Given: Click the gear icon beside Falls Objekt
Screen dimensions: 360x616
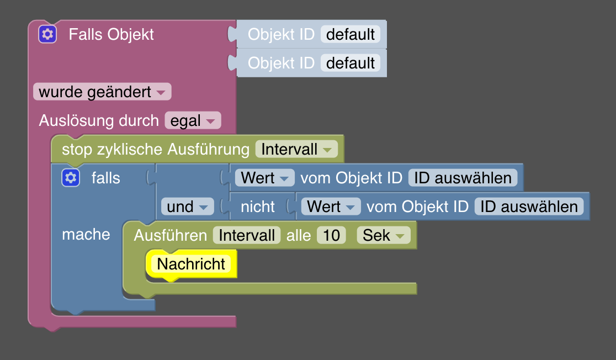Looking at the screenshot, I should click(47, 34).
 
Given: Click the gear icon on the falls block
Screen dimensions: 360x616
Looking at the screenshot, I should click(70, 178).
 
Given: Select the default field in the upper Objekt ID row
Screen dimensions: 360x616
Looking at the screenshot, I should click(351, 34).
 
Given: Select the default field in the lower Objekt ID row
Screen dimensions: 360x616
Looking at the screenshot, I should click(351, 63).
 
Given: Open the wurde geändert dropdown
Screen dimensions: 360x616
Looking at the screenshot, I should click(102, 92).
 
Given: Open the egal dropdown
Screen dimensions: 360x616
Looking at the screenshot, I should click(193, 120).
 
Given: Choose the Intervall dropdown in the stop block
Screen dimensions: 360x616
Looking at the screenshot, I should click(296, 149).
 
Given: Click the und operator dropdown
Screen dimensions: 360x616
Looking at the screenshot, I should click(187, 207).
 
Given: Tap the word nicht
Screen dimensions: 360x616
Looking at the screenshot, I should click(258, 207).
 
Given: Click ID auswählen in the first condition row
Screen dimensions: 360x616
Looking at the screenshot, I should click(463, 178).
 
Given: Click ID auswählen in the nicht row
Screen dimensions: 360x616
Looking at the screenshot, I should click(529, 207).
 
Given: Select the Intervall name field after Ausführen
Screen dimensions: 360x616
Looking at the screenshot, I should click(247, 235).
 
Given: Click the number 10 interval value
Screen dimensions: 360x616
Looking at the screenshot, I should click(331, 235).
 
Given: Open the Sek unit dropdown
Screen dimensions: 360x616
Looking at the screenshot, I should click(384, 235).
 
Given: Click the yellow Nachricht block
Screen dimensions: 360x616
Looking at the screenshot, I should click(191, 264).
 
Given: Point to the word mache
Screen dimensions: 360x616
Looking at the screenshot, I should click(86, 234).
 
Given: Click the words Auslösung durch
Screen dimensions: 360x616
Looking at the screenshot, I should click(99, 120).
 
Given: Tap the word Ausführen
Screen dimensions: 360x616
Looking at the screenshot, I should click(171, 235).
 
